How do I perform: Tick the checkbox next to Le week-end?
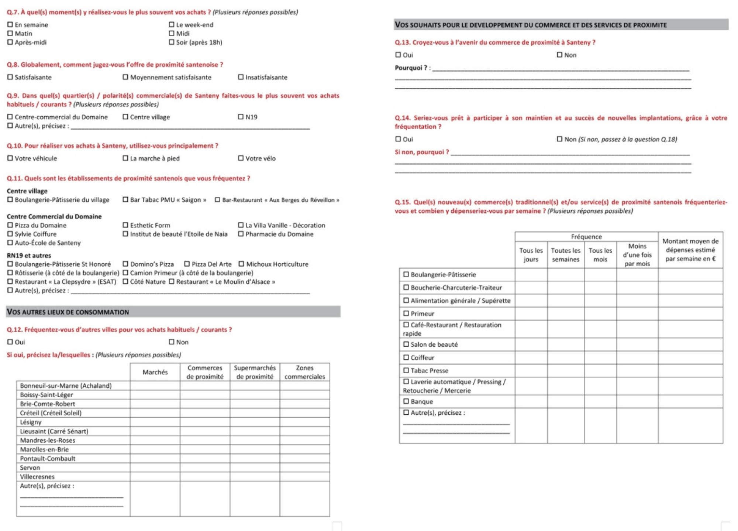(172, 25)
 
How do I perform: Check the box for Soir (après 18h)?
(172, 42)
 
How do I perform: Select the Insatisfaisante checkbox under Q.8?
(241, 77)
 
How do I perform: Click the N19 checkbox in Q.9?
(241, 117)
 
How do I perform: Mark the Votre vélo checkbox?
(241, 158)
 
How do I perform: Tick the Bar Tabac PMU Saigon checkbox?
(125, 200)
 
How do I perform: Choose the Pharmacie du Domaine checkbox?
(241, 234)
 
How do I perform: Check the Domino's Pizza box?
(125, 264)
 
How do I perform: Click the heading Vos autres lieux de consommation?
(68, 312)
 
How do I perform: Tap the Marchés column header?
(155, 372)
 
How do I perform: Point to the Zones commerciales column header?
(304, 372)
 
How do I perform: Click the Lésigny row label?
(31, 422)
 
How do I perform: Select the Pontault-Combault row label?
(48, 459)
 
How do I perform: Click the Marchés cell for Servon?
(155, 467)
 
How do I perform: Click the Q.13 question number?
(403, 42)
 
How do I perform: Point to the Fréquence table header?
(586, 237)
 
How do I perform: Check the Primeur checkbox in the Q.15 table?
(406, 314)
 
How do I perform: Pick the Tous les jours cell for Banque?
(531, 401)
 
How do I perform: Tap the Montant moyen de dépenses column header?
(690, 250)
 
